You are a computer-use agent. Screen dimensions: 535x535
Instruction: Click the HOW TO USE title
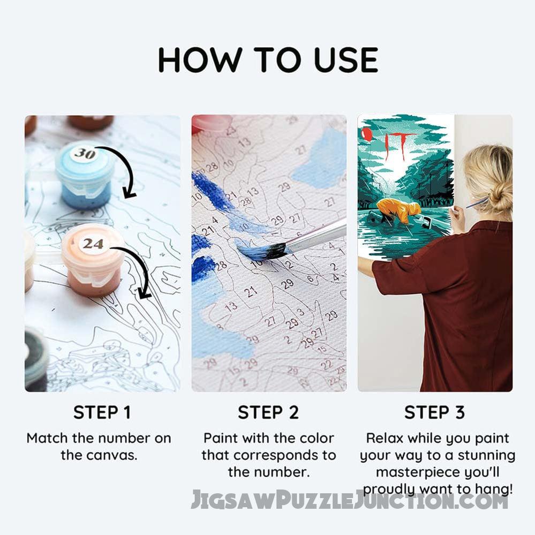pos(268,59)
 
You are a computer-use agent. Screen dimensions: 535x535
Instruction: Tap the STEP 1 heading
pos(102,412)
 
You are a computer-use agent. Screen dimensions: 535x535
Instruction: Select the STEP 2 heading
pos(268,412)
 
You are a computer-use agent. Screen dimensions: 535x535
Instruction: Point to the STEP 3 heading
pos(434,412)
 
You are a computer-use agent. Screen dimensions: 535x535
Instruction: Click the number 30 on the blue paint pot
pos(84,154)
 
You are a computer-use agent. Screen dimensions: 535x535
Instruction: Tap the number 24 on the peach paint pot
pos(93,244)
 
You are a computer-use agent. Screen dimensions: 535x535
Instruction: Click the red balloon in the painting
pos(366,134)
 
